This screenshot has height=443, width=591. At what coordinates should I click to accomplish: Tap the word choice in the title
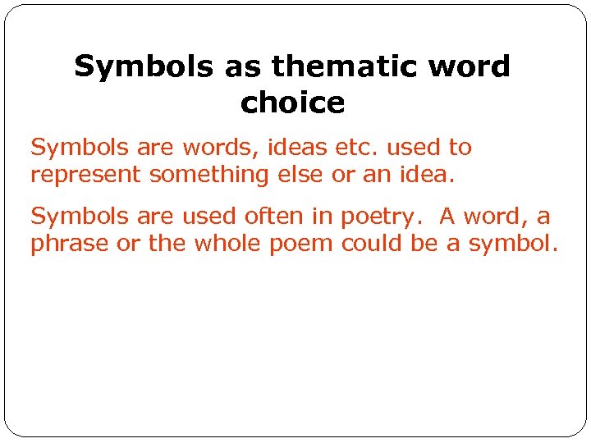coord(292,103)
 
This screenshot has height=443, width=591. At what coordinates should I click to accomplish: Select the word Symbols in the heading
coord(142,66)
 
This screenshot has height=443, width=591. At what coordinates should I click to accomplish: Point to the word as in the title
coord(242,66)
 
